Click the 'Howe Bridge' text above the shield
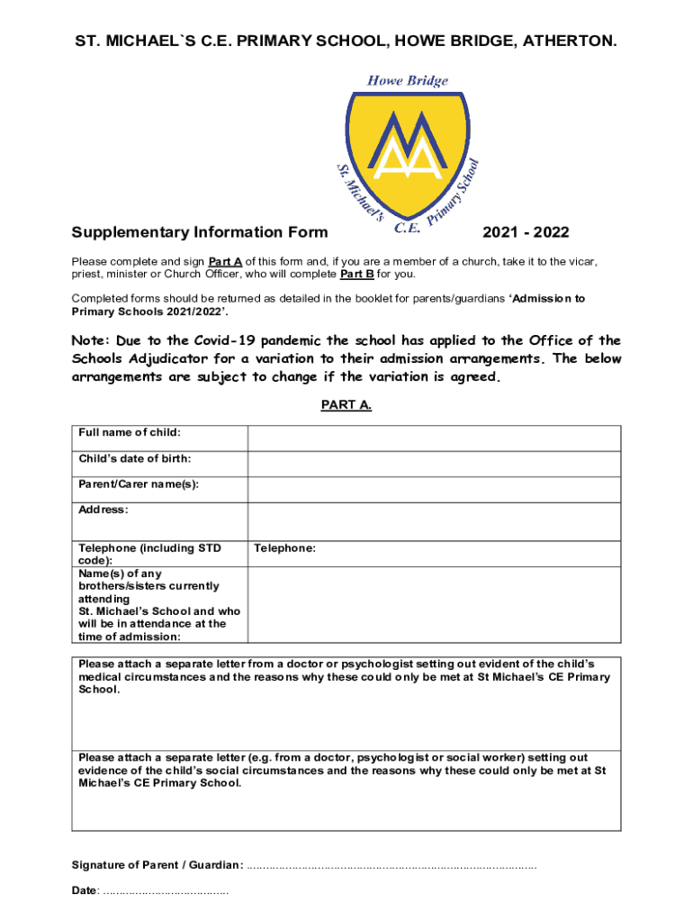coord(407,81)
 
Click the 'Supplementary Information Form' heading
coord(200,233)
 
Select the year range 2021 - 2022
coord(526,233)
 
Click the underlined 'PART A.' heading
coord(346,405)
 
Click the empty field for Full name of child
coord(434,438)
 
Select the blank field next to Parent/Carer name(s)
coord(434,489)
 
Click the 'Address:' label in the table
coord(103,510)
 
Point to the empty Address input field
coord(434,521)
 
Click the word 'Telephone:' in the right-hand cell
coord(285,547)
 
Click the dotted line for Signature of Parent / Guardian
coord(391,866)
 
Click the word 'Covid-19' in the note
coord(224,340)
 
